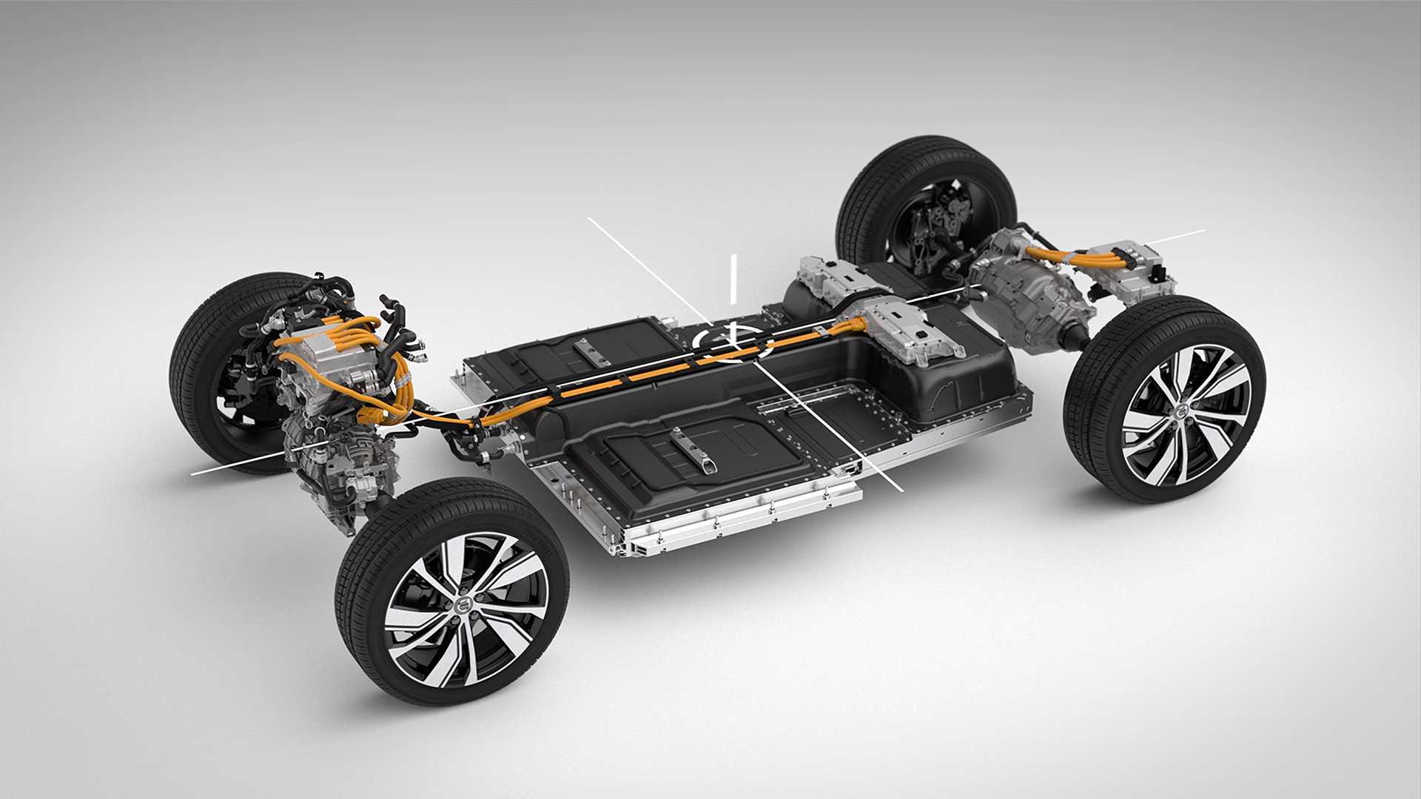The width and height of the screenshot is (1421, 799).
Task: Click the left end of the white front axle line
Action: (x=194, y=472)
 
